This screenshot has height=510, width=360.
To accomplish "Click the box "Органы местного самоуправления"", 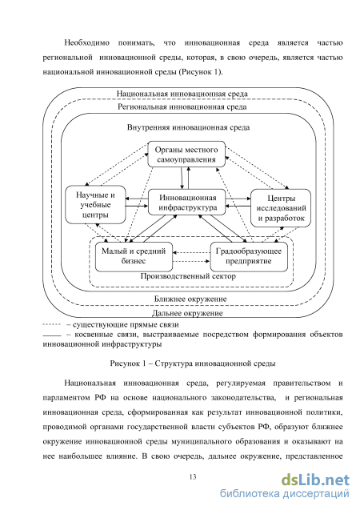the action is (x=186, y=155).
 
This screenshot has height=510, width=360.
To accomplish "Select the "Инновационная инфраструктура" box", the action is (x=187, y=202).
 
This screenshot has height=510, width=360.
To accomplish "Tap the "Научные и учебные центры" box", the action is (x=95, y=205).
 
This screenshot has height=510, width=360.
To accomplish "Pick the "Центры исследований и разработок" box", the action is (x=281, y=208).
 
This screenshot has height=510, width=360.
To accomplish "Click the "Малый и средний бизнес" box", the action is (x=134, y=257).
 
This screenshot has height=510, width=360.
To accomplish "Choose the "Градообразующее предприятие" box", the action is (x=249, y=257).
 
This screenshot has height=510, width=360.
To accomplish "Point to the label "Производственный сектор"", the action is (x=188, y=276).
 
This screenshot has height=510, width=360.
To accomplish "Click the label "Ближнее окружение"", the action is (x=190, y=299).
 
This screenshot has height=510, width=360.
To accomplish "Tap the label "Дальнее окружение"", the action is (x=187, y=313).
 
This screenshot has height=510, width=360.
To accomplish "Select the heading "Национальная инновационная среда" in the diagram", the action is (x=182, y=94).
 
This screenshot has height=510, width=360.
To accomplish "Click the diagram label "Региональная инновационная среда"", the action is (x=182, y=106).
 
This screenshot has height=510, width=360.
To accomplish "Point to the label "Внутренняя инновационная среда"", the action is (x=189, y=127).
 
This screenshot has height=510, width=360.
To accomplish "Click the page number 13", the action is (x=193, y=477).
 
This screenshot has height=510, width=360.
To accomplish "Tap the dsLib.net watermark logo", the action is (x=315, y=480).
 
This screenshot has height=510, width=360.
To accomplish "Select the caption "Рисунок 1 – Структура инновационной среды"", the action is (x=193, y=363).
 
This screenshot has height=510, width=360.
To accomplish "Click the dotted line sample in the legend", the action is (x=52, y=324).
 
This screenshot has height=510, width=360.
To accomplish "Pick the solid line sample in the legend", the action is (x=52, y=335).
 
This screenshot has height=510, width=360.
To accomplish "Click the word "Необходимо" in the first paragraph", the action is (x=86, y=43).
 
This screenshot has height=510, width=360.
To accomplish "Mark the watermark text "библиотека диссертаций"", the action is (x=285, y=494).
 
